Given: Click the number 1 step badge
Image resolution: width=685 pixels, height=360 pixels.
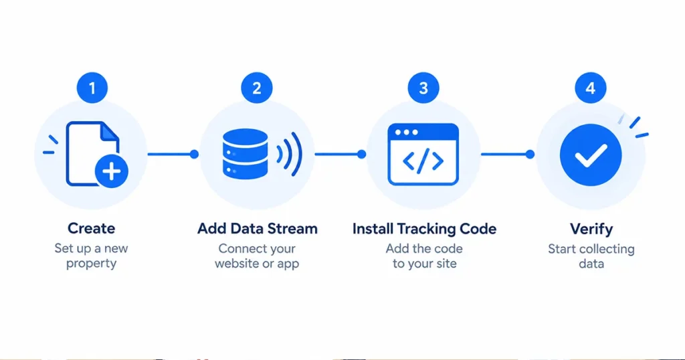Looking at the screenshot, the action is [92, 88].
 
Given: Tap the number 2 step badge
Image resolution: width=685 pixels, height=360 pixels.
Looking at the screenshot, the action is [257, 88].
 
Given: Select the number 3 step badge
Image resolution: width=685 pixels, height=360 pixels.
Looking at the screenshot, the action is [423, 88].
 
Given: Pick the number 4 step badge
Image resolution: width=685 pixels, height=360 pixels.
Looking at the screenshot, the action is [591, 88].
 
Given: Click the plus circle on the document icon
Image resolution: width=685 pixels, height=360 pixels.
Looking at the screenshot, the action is [112, 171].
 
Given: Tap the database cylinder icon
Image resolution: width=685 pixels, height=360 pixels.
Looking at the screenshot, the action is [245, 154].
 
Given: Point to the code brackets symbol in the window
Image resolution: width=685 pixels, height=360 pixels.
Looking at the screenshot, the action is [423, 161].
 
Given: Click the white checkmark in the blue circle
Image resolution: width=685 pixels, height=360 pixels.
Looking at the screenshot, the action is [591, 155].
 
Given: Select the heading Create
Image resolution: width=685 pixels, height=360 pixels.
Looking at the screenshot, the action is [91, 228].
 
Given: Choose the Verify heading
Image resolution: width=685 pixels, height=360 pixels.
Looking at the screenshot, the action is [591, 229].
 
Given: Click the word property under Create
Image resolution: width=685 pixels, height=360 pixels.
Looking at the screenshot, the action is [91, 264].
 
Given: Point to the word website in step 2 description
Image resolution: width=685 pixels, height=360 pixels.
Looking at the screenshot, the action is [236, 264].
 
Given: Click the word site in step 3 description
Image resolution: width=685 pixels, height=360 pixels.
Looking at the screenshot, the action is [446, 264].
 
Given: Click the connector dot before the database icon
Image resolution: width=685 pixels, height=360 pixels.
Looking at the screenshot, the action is [195, 154].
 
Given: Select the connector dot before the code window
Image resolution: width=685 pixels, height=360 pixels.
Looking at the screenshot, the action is [361, 154].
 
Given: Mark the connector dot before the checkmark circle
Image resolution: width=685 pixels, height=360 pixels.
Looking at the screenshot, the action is [530, 154].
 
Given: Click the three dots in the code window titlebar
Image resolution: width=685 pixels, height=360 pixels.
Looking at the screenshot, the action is [406, 132].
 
